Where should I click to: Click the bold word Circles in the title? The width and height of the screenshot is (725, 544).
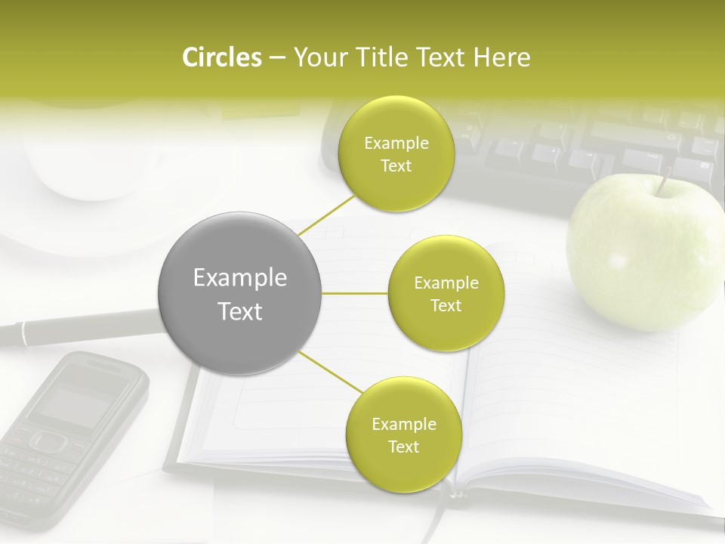click(222, 57)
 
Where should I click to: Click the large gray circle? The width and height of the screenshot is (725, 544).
click(240, 293)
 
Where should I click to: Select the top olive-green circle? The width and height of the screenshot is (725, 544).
click(396, 154)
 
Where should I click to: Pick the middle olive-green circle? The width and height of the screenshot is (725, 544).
click(446, 294)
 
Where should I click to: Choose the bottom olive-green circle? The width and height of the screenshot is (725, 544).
click(403, 434)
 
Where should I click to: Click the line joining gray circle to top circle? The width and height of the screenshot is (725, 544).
click(326, 214)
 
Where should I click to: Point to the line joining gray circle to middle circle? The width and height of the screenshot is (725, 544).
click(355, 293)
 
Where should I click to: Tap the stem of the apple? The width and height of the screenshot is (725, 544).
click(665, 181)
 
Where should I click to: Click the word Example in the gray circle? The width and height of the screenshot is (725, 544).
click(240, 278)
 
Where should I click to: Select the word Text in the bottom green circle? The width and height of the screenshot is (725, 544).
click(403, 447)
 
